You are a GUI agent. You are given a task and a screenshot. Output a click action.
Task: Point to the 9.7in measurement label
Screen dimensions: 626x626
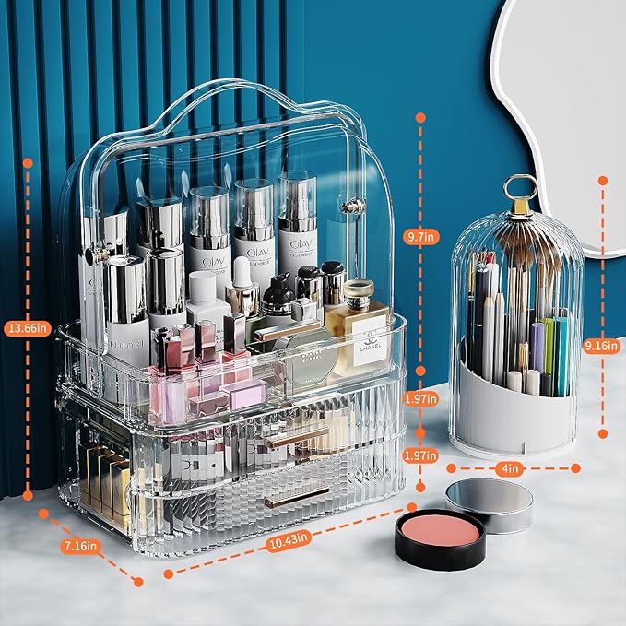[x=419, y=237]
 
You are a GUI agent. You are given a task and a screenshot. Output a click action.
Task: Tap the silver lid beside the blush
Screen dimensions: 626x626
[x=489, y=505]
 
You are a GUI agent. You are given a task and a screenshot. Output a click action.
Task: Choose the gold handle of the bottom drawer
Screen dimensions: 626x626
[x=295, y=499]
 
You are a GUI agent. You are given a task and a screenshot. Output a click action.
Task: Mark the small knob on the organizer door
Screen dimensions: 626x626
[x=348, y=208]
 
